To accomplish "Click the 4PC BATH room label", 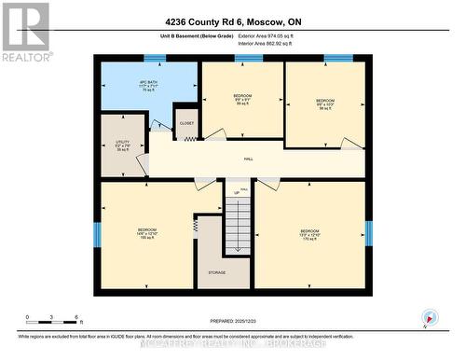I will coord(144,87).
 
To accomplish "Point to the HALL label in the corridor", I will coord(249,159).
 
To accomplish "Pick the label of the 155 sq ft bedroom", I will coord(147,233).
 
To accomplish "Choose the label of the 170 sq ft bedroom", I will coord(309,233).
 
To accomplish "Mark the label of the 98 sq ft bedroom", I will coord(324,104).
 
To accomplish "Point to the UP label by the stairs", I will coord(245,194).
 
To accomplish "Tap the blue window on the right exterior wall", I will coord(369,233).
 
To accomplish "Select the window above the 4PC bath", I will coord(156,59).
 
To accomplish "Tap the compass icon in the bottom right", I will coord(428,317).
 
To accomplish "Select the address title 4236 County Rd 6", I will coord(233,21).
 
